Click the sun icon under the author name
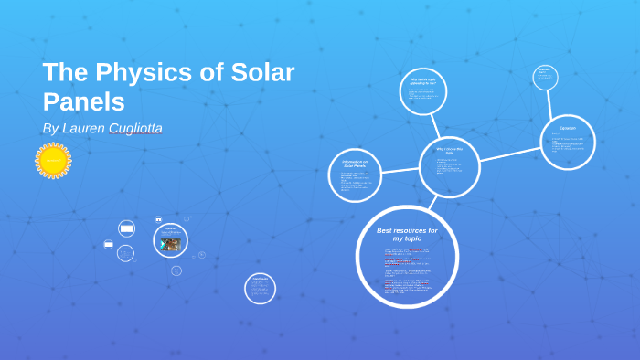53,161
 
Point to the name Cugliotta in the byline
135,129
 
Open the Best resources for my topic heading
407,234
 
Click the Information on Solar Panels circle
355,175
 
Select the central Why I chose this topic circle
449,166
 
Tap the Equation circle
567,142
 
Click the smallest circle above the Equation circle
545,77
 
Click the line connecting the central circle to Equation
509,154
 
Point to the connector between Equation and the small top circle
553,102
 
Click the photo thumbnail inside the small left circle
170,244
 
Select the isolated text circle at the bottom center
260,288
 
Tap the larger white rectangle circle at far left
126,228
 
